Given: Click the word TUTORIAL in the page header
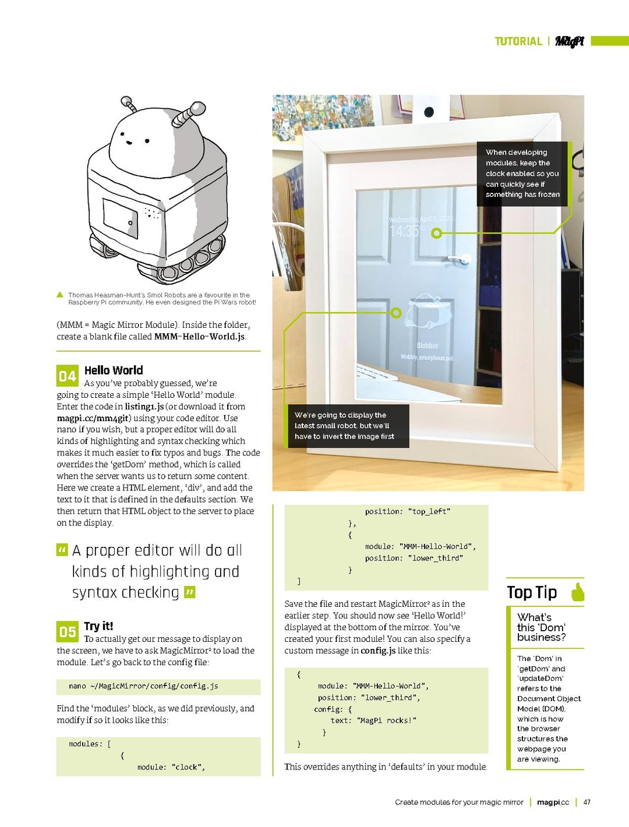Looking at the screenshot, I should tap(518, 41).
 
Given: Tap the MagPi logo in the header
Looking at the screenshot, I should tap(569, 41).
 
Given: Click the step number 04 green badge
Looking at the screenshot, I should tap(67, 376).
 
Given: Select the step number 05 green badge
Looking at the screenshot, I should tap(67, 632).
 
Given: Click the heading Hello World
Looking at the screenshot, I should tap(114, 370).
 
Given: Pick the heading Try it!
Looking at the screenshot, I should tap(98, 626).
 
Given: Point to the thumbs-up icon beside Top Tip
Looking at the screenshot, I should tap(577, 592).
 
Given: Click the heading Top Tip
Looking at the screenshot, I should tap(532, 592).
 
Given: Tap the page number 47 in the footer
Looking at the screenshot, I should tap(587, 803).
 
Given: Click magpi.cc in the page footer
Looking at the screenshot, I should tap(553, 803).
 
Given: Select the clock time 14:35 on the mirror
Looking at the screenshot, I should tap(404, 232).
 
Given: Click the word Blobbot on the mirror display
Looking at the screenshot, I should tap(427, 346).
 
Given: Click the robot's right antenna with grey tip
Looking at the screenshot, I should tap(189, 113).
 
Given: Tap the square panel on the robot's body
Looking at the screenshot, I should tap(121, 218).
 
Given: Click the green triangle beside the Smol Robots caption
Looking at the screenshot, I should tap(60, 295).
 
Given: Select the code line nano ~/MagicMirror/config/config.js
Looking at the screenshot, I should tap(143, 687).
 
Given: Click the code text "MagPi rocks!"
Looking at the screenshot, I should tap(388, 721).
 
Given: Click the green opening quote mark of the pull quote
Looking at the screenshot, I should tap(62, 550).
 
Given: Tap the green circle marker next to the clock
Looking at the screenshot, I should tap(436, 234).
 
